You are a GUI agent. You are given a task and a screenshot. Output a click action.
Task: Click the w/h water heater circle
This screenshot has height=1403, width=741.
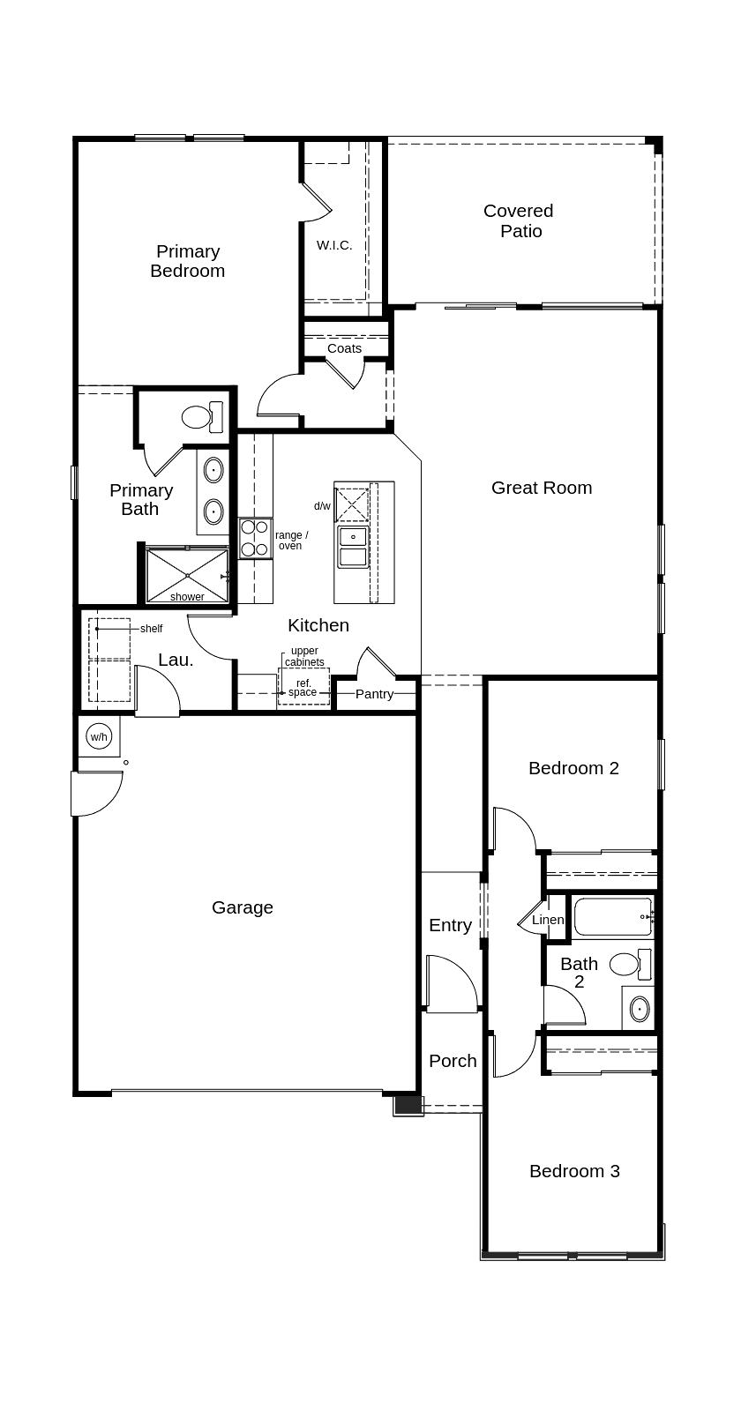(x=99, y=736)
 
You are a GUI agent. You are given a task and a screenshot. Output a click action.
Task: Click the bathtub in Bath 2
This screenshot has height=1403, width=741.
(x=613, y=917)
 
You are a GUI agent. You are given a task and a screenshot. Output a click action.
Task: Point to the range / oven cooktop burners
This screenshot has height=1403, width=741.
(x=255, y=538)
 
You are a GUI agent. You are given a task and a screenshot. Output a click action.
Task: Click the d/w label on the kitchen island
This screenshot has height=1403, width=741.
(x=322, y=506)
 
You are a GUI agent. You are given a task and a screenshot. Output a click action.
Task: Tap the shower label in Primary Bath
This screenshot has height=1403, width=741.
(x=187, y=597)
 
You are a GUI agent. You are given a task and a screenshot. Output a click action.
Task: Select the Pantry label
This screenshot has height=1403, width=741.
(x=375, y=694)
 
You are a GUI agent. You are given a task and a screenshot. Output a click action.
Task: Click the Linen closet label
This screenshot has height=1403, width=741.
(x=548, y=920)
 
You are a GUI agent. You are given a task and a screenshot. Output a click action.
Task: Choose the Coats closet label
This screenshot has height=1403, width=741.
(x=344, y=348)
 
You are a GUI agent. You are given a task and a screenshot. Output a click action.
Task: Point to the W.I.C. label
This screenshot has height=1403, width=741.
(x=334, y=245)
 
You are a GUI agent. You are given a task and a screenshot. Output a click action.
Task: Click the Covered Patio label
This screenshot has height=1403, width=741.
(x=519, y=220)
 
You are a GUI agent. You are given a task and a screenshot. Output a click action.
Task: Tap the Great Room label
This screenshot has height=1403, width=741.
(x=542, y=488)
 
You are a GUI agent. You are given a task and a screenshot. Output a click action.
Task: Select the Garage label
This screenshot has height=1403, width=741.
(x=243, y=907)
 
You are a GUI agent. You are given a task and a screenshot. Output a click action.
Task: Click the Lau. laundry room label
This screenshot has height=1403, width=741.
(x=176, y=660)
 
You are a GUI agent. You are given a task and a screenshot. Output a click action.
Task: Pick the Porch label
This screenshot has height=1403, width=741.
(x=453, y=1061)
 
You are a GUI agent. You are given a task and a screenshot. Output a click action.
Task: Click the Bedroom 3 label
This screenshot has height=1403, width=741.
(x=574, y=1171)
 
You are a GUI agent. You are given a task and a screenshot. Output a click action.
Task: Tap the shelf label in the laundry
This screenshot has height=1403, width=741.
(x=151, y=629)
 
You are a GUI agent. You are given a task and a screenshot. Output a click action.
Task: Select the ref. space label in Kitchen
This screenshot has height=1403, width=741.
(x=303, y=688)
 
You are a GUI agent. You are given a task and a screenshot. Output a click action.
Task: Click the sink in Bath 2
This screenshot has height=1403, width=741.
(x=639, y=1007)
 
